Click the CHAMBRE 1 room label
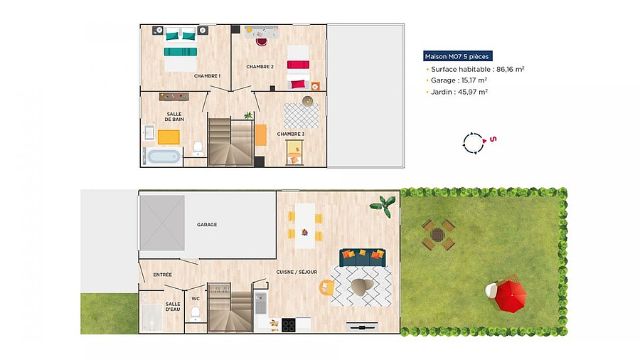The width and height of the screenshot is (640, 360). tap(207, 76)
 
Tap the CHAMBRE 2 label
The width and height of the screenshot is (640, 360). tap(260, 67)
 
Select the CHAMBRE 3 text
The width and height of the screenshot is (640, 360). tap(291, 134)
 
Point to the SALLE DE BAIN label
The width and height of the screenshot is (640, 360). tap(174, 117)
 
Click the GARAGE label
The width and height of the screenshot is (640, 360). tap(207, 225)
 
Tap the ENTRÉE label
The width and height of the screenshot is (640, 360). tap(162, 275)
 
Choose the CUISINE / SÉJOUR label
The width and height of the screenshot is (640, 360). tap(297, 272)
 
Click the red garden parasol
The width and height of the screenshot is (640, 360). tap(510, 296)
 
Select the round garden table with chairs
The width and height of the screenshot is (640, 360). tap(438, 235)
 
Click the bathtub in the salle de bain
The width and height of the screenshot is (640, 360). tap(164, 157)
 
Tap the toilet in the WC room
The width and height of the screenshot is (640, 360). tap(195, 313)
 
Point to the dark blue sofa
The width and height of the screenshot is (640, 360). tap(363, 258)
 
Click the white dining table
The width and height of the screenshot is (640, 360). tap(305, 226)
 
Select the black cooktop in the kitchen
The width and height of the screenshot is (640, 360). tap(289, 325)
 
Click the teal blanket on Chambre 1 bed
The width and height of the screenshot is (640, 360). tap(181, 52)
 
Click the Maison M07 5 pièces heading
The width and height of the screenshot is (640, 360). tap(457, 56)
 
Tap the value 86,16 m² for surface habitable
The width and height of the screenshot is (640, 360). tap(510, 69)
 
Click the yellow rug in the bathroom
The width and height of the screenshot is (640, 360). tap(169, 137)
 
